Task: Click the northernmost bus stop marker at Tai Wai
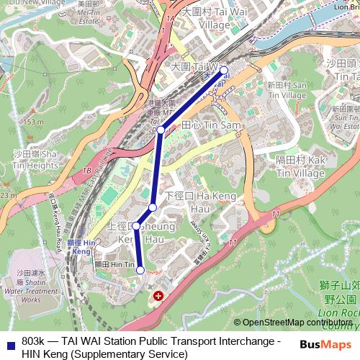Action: click(x=224, y=71)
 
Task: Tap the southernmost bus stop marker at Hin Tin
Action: click(x=140, y=270)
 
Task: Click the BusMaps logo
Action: click(x=321, y=344)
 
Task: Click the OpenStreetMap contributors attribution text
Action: click(x=294, y=323)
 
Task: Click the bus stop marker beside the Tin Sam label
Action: click(x=161, y=130)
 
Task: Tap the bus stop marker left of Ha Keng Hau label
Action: click(x=153, y=207)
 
